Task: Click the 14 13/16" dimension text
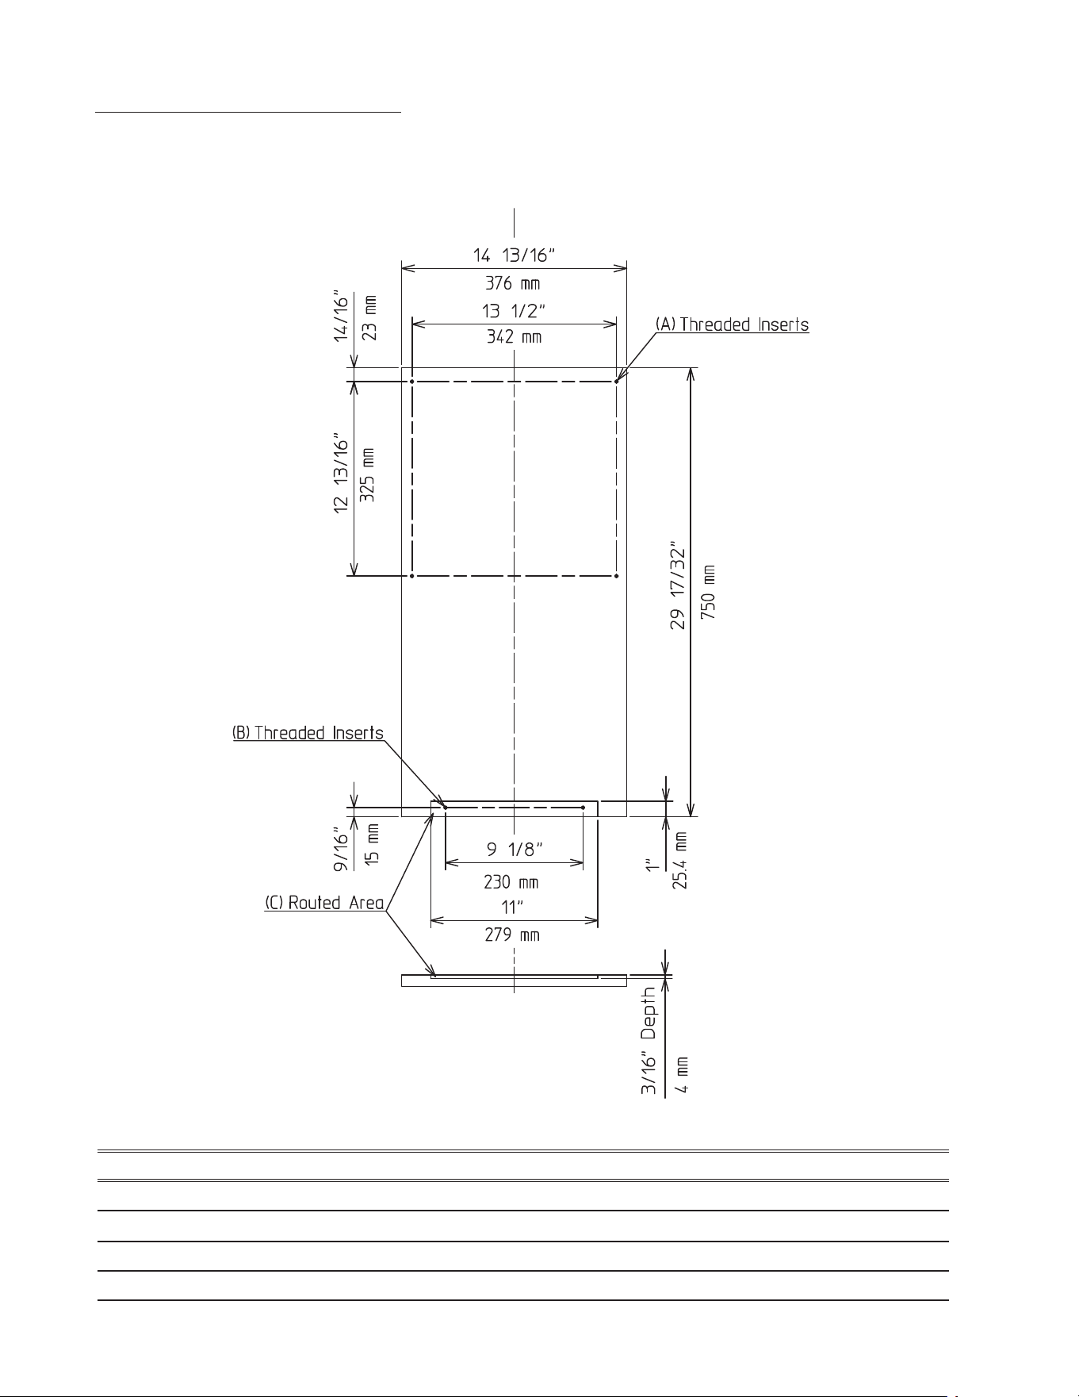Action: (x=514, y=255)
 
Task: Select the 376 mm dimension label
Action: (x=513, y=283)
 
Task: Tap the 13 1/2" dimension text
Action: (x=514, y=311)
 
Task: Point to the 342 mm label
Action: (x=514, y=337)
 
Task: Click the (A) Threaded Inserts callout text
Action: (x=732, y=324)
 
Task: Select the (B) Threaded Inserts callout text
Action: (x=308, y=733)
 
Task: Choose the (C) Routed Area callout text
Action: (x=324, y=903)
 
